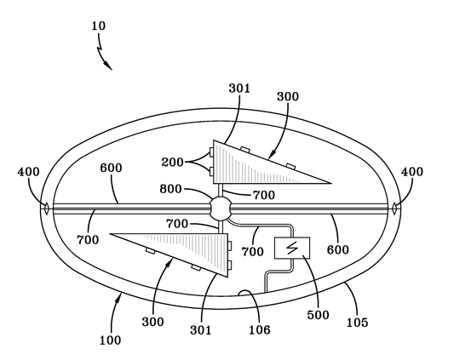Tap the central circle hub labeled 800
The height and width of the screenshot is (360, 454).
click(221, 208)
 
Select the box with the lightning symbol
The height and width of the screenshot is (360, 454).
click(291, 249)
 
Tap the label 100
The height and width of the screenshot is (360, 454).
click(110, 340)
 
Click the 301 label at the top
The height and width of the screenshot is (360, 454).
click(239, 87)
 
